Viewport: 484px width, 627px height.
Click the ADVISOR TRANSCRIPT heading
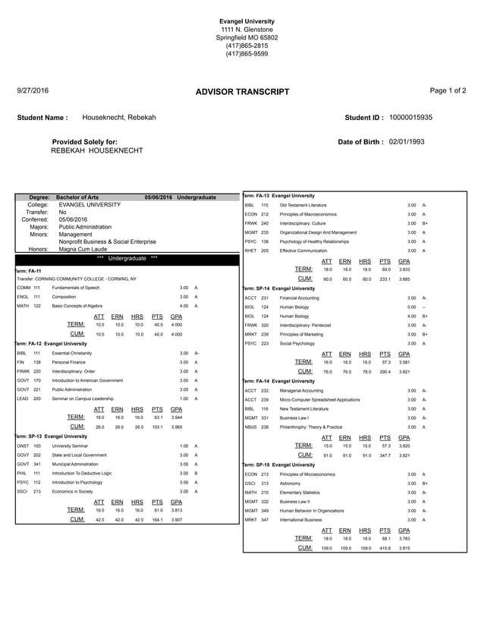242,92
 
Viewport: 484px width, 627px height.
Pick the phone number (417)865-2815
242,46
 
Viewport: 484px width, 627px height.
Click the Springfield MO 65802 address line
242,37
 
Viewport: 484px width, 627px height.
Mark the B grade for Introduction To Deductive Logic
196,473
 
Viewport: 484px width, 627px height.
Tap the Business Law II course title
295,502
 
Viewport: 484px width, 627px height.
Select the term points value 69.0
385,269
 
